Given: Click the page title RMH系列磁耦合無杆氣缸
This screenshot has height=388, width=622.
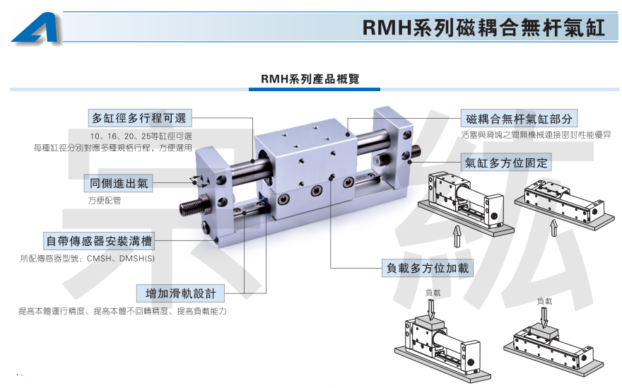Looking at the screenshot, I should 483,28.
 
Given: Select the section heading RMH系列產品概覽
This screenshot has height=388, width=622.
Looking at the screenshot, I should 310,79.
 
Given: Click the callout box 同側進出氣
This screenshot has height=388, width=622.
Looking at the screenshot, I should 119,183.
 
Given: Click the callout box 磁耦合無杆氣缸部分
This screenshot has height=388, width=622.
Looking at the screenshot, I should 518,118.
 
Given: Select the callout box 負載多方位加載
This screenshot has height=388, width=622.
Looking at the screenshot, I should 428,268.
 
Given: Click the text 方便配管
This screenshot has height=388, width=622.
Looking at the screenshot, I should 105,201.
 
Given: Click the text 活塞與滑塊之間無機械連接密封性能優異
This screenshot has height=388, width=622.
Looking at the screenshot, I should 536,134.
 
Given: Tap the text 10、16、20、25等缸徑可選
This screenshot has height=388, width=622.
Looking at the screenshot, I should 141,136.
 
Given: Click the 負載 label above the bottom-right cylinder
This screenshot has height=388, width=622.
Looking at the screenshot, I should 544,301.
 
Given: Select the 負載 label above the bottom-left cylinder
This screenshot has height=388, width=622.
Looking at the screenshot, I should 433,291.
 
